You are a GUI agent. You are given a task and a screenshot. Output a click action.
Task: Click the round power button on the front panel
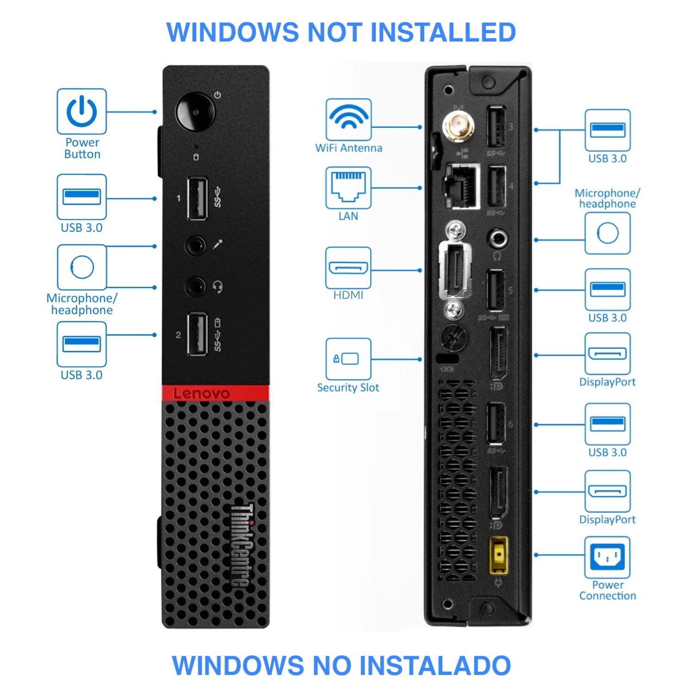pyautogui.click(x=195, y=112)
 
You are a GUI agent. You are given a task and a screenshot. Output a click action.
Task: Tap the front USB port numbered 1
pyautogui.click(x=197, y=198)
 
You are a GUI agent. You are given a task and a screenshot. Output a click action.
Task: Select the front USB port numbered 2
pyautogui.click(x=197, y=335)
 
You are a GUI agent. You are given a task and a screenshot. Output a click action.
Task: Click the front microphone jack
pyautogui.click(x=195, y=245)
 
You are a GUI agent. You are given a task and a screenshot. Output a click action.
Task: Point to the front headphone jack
pyautogui.click(x=195, y=287)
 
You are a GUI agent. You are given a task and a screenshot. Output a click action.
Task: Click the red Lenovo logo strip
pyautogui.click(x=215, y=393)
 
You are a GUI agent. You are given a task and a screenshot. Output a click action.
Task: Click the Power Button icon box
pyautogui.click(x=82, y=112)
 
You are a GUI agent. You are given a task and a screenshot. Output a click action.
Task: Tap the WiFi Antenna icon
pyautogui.click(x=348, y=119)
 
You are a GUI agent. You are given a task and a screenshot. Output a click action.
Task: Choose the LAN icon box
pyautogui.click(x=348, y=188)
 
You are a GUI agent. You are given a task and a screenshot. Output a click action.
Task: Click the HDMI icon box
pyautogui.click(x=348, y=268)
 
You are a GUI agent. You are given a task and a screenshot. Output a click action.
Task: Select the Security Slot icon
pyautogui.click(x=348, y=359)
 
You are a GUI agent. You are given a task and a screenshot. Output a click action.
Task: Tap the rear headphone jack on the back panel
pyautogui.click(x=498, y=239)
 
